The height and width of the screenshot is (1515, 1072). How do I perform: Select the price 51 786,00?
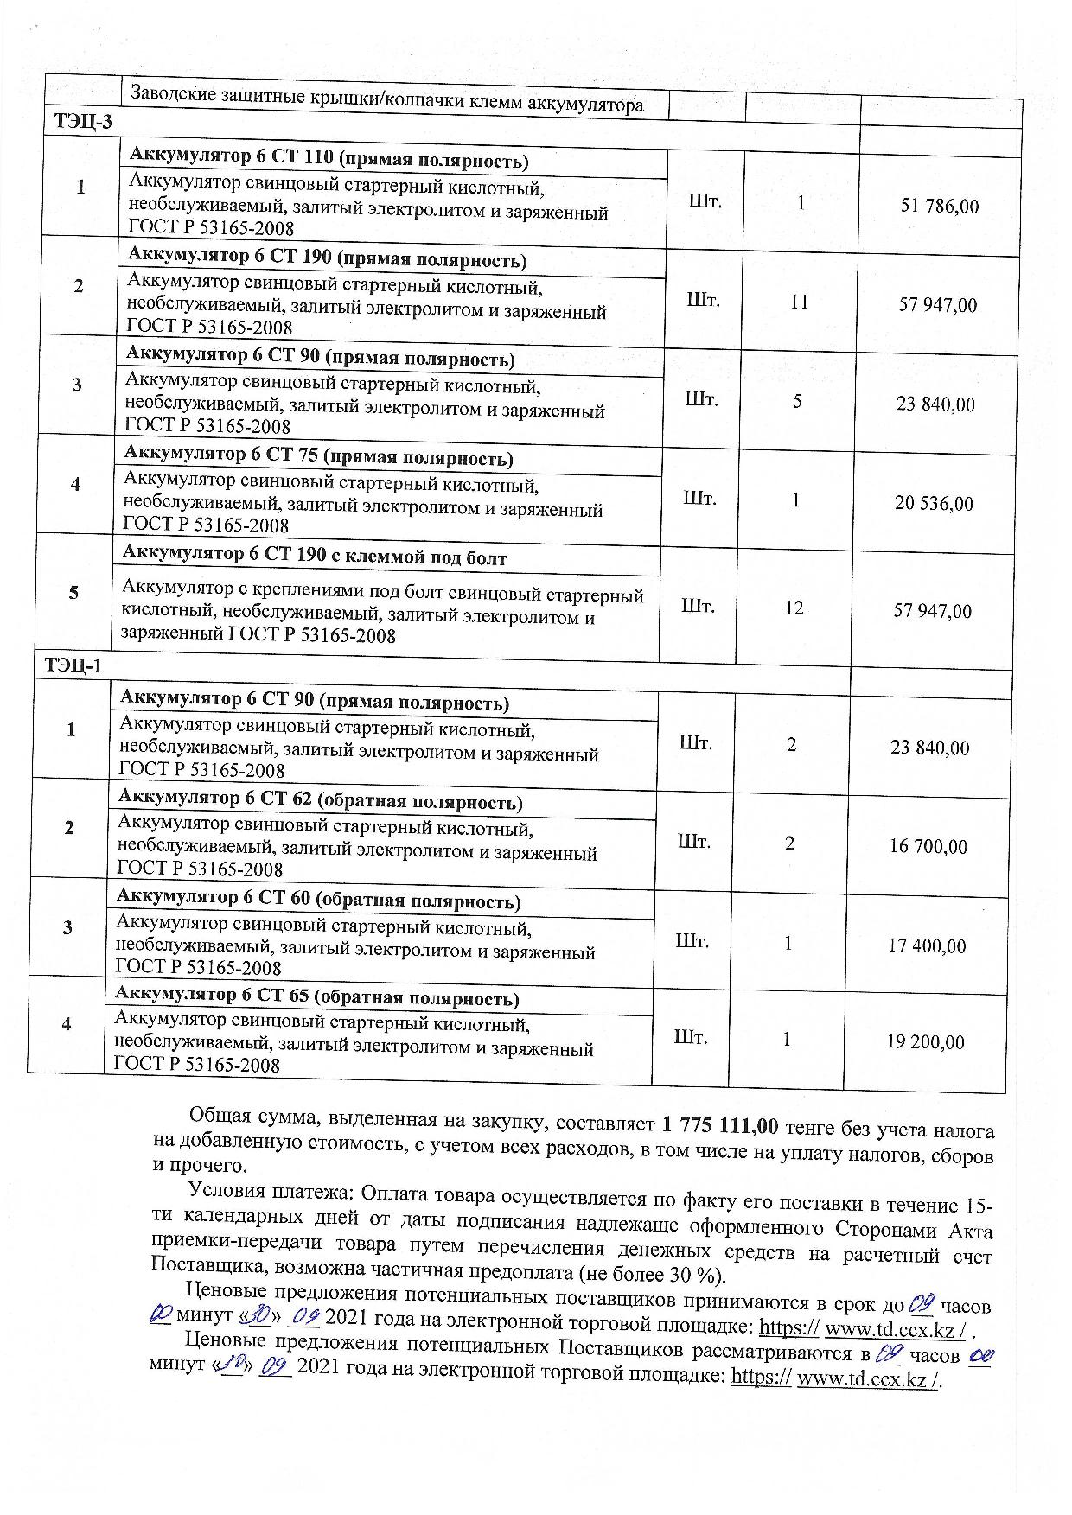click(940, 206)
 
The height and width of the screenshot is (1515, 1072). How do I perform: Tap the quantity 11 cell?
click(799, 302)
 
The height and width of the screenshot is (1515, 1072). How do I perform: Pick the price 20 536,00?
click(934, 503)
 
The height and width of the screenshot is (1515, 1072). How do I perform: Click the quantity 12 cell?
click(794, 608)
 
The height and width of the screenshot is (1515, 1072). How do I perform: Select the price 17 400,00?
click(927, 945)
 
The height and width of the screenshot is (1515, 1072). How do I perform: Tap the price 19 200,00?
click(925, 1041)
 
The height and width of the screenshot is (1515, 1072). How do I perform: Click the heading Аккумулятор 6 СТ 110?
click(328, 159)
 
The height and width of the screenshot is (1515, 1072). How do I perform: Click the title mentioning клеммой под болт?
click(315, 555)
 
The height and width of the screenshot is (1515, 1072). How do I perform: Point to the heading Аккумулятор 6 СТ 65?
click(316, 996)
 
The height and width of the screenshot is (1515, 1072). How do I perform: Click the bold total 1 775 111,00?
click(720, 1125)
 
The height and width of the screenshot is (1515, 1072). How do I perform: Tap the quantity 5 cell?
click(797, 401)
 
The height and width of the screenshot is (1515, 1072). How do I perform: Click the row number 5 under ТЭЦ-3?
click(74, 593)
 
